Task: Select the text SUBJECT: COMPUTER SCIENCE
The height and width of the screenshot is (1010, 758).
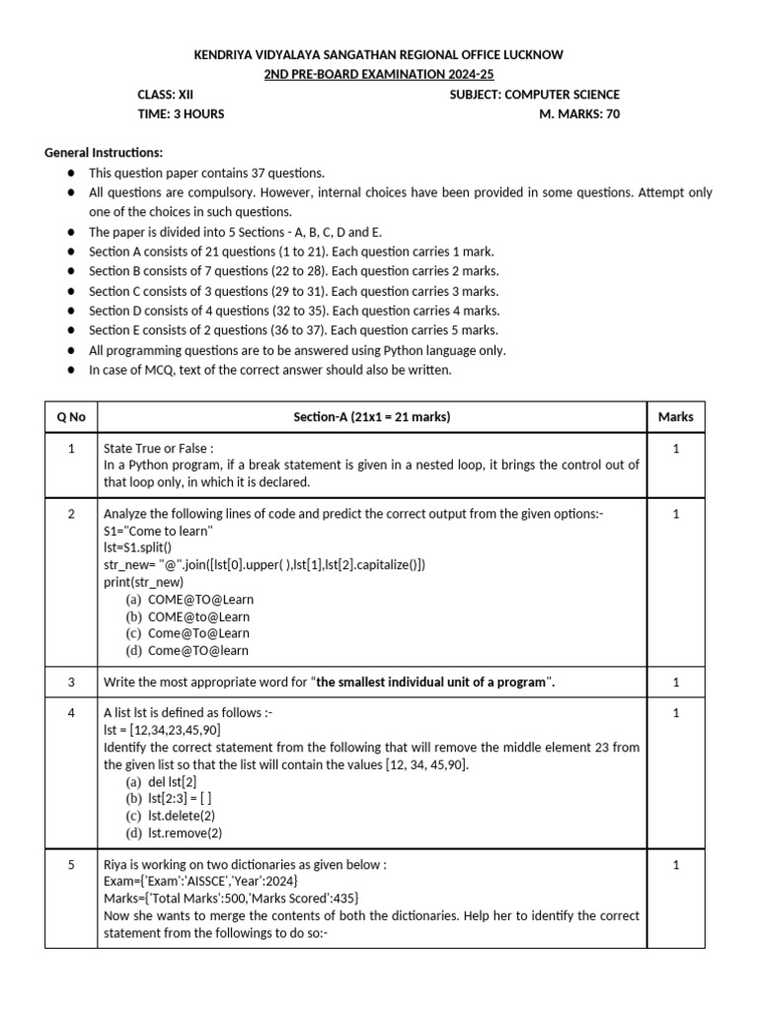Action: pos(534,95)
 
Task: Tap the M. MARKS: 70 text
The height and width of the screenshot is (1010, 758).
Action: pos(574,113)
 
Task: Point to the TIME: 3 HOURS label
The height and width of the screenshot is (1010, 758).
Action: pos(181,113)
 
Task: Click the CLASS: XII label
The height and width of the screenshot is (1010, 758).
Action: pos(165,95)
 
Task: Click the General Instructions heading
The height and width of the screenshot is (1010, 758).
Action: pos(104,153)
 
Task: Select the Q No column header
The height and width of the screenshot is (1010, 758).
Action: pos(71,416)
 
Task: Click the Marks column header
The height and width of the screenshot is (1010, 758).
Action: pos(675,416)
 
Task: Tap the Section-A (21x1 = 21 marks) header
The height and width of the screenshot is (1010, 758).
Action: pos(371,416)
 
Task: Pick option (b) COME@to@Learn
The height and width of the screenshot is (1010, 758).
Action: pos(187,616)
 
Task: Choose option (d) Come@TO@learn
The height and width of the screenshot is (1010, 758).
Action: pos(187,650)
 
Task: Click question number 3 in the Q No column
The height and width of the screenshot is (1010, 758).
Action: pos(71,682)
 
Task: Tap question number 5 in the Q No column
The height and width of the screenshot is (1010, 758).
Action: pos(71,865)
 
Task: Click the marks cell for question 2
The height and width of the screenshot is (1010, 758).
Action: pos(675,514)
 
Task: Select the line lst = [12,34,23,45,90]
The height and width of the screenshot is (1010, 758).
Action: pos(162,730)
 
